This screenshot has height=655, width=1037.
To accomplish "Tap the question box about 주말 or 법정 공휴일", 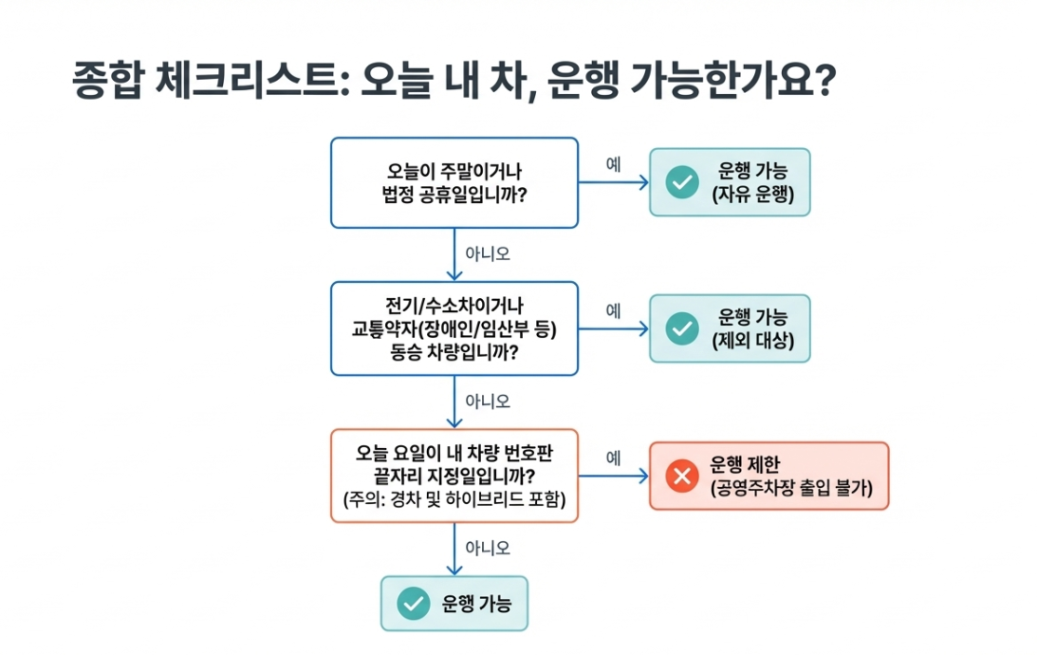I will (454, 182).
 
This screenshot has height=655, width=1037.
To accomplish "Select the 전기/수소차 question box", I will (454, 327).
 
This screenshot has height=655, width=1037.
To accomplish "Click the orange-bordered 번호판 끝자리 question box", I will (454, 475).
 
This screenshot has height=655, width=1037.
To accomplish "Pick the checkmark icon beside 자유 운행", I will (681, 182).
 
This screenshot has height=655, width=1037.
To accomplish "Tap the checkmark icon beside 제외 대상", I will (681, 327).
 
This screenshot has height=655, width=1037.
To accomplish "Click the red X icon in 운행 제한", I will (681, 476).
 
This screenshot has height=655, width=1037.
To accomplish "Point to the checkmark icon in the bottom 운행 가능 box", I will (413, 603).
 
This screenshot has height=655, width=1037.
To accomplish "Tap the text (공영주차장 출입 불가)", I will (791, 489).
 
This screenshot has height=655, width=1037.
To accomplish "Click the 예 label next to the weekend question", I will (613, 163).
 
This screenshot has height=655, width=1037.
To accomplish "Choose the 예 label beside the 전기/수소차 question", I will (613, 309).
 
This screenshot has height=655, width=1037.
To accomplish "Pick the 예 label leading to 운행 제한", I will (613, 458).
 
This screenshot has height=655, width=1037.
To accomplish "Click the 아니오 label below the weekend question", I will (488, 253).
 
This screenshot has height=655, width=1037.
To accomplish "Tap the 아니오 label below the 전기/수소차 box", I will (488, 401).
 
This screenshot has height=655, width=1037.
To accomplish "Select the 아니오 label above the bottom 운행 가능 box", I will (488, 548).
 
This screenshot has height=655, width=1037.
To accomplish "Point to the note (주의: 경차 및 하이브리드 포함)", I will (454, 499).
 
